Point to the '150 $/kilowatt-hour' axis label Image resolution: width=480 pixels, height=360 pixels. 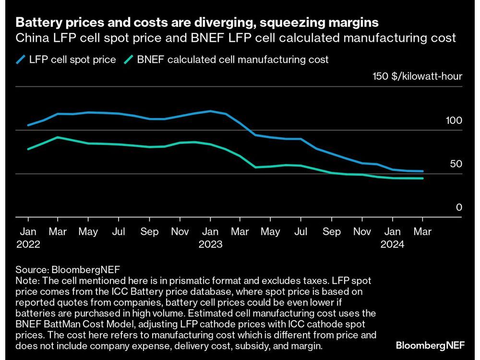417,76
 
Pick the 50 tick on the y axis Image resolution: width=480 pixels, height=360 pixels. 456,164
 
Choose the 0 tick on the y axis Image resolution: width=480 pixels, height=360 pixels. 459,207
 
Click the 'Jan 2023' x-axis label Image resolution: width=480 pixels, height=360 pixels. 210,238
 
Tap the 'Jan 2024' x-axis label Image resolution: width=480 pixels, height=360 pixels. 393,238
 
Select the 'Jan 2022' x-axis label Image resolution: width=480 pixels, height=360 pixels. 28,238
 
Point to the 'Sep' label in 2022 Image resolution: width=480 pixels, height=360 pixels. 149,232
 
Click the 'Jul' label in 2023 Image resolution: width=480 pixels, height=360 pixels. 301,232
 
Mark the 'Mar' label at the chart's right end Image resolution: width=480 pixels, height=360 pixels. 422,232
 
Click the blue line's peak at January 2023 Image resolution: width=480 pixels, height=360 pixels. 210,111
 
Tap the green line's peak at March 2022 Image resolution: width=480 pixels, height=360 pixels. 58,137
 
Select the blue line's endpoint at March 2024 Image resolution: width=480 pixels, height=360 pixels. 422,171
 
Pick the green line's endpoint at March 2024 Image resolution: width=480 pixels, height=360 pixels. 422,179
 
